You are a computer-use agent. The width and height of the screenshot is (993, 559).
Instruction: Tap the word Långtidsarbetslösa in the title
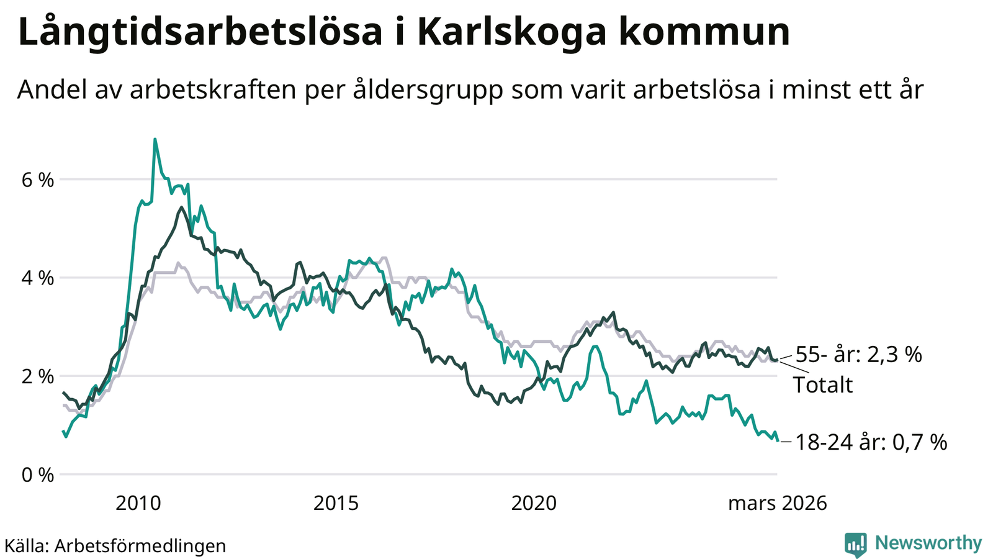click(200, 32)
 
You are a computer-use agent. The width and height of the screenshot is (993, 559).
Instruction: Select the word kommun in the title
click(704, 32)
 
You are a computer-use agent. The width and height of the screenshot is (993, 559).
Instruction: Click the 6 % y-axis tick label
click(38, 181)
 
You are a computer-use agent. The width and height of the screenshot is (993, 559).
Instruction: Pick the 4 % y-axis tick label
click(38, 278)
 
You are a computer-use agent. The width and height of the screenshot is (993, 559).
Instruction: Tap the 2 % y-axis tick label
click(38, 376)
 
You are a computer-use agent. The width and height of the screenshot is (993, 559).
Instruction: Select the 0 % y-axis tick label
click(38, 475)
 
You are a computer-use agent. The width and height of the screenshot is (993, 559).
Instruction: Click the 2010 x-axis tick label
click(138, 502)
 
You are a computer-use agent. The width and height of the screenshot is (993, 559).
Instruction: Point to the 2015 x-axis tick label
click(336, 502)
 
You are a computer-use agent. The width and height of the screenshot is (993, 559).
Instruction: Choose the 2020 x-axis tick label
click(534, 502)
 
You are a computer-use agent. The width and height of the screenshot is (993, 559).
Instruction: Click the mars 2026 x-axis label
click(777, 502)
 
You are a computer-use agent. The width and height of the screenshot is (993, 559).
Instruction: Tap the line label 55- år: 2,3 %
click(858, 355)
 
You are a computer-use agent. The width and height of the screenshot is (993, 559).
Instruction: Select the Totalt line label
click(823, 385)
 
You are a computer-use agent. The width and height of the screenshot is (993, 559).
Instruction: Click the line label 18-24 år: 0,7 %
click(871, 442)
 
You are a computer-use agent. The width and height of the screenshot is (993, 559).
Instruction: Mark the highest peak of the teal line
click(155, 139)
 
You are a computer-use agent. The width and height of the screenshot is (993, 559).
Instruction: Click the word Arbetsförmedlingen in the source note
click(140, 546)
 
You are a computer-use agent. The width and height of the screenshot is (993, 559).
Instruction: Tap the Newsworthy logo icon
click(855, 544)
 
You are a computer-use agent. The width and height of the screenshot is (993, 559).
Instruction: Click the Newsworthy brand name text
click(928, 543)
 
